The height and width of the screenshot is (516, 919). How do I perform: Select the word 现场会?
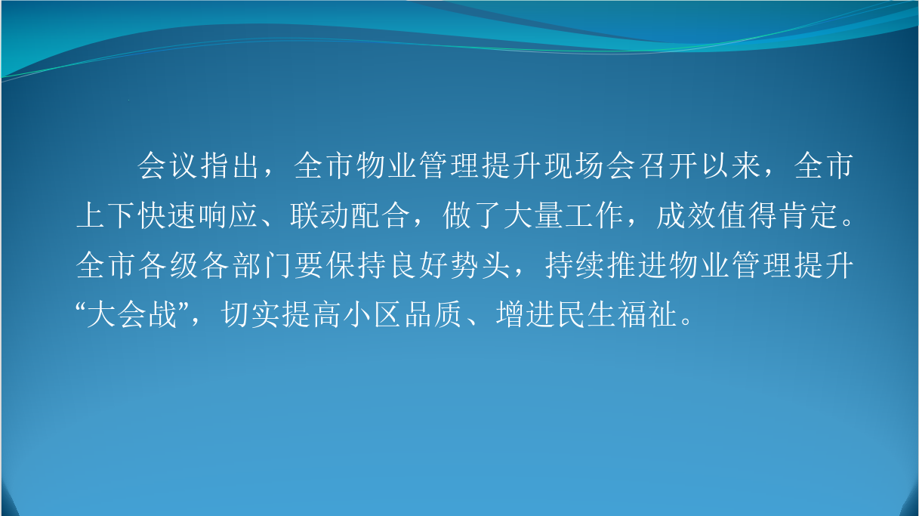(x=591, y=166)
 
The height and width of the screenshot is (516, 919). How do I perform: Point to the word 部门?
(x=263, y=265)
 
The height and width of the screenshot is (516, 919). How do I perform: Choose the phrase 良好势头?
(x=450, y=265)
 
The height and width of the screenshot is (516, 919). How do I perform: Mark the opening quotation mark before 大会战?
(x=81, y=307)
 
